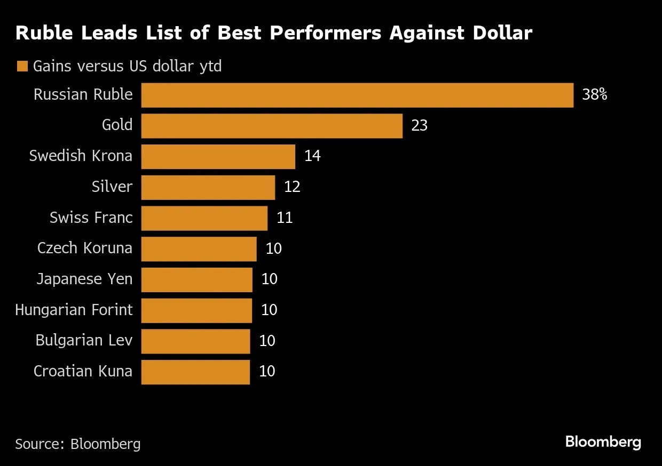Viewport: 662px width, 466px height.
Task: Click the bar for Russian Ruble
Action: pyautogui.click(x=357, y=95)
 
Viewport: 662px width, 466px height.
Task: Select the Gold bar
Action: pyautogui.click(x=272, y=126)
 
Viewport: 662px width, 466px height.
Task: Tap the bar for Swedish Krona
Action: pyautogui.click(x=218, y=156)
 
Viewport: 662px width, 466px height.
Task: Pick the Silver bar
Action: pyautogui.click(x=208, y=187)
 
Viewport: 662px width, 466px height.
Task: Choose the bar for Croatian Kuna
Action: pyautogui.click(x=195, y=372)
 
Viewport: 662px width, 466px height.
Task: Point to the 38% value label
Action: pyautogui.click(x=594, y=95)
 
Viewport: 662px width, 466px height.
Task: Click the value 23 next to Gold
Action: pyautogui.click(x=419, y=126)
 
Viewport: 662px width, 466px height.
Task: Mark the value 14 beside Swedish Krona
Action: pyautogui.click(x=312, y=156)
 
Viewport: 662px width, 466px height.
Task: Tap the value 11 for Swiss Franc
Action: pyautogui.click(x=285, y=218)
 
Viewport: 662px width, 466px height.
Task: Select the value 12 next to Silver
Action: pyautogui.click(x=292, y=187)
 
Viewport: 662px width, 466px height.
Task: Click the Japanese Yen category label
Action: pyautogui.click(x=84, y=279)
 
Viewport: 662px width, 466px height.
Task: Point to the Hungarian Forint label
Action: pyautogui.click(x=74, y=310)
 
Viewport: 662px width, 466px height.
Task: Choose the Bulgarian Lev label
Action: pyautogui.click(x=84, y=340)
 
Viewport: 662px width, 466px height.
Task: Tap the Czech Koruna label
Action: pyautogui.click(x=85, y=248)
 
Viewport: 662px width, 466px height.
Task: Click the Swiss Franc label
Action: pyautogui.click(x=91, y=218)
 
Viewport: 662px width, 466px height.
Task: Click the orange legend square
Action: pyautogui.click(x=22, y=67)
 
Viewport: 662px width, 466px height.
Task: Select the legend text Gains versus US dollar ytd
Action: pyautogui.click(x=127, y=67)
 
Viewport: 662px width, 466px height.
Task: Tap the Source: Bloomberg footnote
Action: pyautogui.click(x=78, y=444)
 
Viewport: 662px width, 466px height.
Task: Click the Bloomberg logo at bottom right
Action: pyautogui.click(x=603, y=442)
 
